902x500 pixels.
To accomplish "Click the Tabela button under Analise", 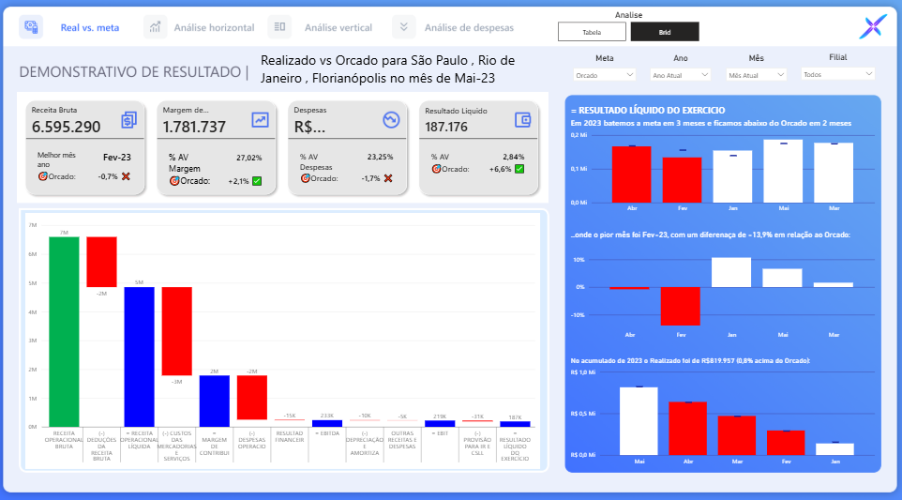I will click(x=592, y=31).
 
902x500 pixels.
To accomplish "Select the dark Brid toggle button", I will click(x=665, y=31).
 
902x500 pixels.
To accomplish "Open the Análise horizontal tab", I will click(x=214, y=27).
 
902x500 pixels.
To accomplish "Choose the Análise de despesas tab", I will click(x=469, y=27).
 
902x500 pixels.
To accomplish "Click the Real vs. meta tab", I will click(x=89, y=27).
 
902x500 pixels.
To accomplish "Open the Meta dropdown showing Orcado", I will click(x=604, y=74).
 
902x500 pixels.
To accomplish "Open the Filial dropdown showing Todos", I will click(x=838, y=73).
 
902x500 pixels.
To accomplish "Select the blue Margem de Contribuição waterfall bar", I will click(x=214, y=401).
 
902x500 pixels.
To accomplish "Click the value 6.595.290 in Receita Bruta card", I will click(x=66, y=127).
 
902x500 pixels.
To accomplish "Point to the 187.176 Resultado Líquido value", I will click(x=446, y=127).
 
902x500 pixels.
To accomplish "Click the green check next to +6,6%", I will click(x=519, y=169).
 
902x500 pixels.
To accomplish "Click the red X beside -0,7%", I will click(x=126, y=176).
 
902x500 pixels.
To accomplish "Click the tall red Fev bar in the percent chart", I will click(x=682, y=306).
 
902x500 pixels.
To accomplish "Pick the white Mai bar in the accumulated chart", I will click(x=639, y=420).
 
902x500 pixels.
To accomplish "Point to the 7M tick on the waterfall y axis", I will click(x=34, y=225).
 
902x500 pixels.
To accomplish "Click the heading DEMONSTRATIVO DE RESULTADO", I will click(x=130, y=71).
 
